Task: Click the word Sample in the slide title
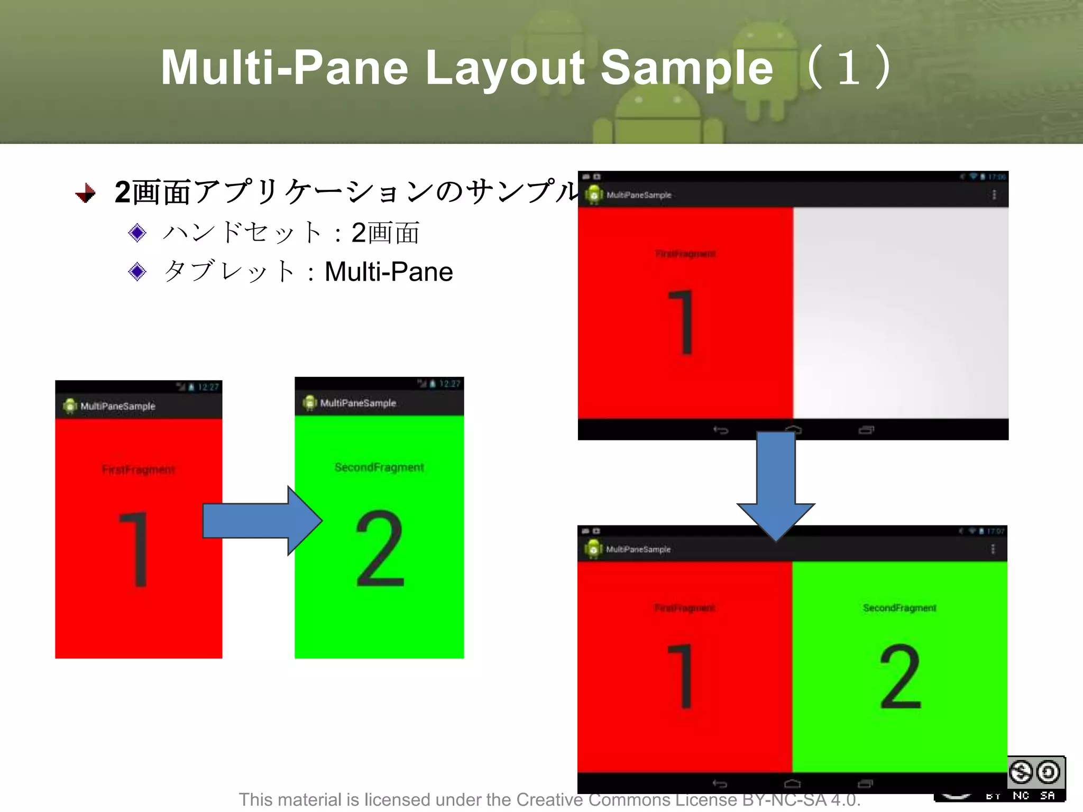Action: (x=686, y=68)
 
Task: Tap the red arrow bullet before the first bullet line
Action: (x=86, y=193)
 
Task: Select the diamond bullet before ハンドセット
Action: (x=137, y=233)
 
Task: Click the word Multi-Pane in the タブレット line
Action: (x=389, y=272)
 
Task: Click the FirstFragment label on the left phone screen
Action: (x=139, y=469)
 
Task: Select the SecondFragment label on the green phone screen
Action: (x=379, y=467)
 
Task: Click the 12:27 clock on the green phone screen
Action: (x=449, y=384)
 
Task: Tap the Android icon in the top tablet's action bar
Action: (x=594, y=195)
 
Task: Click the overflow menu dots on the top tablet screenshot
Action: (x=994, y=195)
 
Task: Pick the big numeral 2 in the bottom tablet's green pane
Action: (x=900, y=677)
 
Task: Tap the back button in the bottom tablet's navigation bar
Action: (x=720, y=783)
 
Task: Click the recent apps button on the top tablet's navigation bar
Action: (x=866, y=430)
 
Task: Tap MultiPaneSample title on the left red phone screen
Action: (x=118, y=406)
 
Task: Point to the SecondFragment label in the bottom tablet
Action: (x=900, y=608)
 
